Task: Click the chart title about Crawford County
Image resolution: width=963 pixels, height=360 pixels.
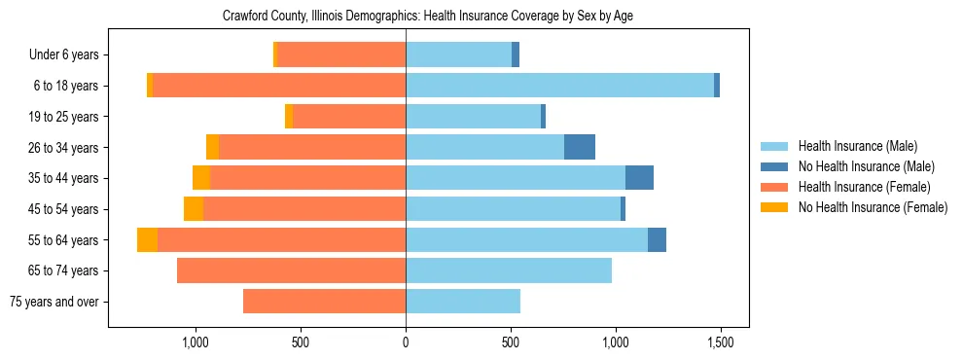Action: pos(428,17)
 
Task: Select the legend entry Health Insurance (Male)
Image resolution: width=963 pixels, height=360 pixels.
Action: pos(856,146)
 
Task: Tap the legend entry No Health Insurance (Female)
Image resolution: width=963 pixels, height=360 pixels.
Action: pos(873,207)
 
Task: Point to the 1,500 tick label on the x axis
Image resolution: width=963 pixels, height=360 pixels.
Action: pos(720,343)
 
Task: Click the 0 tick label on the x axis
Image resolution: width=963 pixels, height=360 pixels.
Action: pos(406,343)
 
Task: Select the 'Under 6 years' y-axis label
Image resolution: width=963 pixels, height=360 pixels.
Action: pos(64,55)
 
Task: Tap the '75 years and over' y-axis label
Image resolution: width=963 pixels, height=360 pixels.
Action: pos(53,302)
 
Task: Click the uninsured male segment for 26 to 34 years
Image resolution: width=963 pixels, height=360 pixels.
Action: pos(580,147)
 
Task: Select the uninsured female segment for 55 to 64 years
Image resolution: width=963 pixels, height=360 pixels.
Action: pos(147,239)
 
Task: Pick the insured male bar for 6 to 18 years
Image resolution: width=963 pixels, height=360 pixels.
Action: pos(559,86)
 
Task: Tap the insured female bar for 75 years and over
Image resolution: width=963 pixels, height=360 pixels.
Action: pos(324,302)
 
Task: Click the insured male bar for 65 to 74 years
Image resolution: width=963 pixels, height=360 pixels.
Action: pos(509,270)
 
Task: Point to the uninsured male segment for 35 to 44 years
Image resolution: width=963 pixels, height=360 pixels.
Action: pos(639,178)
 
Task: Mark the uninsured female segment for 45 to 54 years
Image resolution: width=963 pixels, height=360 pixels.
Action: pos(194,209)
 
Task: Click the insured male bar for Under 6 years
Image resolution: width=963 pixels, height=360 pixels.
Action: pos(458,55)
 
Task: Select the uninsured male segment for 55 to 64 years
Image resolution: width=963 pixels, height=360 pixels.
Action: pos(657,239)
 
